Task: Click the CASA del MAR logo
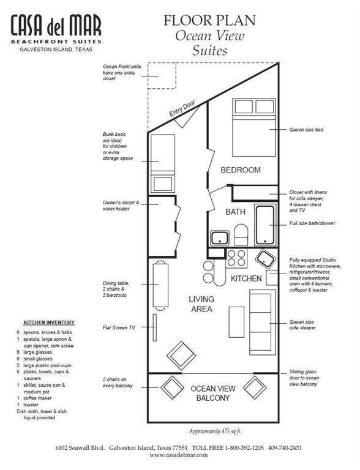[56, 33]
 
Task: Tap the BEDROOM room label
[241, 170]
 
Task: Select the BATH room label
[236, 212]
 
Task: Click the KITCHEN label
[246, 278]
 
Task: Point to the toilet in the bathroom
[241, 235]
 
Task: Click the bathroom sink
[220, 237]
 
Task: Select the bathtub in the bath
[265, 225]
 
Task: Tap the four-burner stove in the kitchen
[236, 258]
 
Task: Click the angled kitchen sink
[266, 258]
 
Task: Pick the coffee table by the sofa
[237, 322]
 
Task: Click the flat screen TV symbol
[155, 327]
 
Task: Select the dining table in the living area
[160, 286]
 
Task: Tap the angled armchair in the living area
[181, 356]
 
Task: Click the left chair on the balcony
[172, 387]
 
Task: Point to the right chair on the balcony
[255, 387]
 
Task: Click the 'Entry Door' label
[182, 108]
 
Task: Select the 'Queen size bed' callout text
[306, 130]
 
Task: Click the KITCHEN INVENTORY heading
[49, 323]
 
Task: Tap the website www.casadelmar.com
[179, 455]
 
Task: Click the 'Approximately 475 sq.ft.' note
[216, 431]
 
